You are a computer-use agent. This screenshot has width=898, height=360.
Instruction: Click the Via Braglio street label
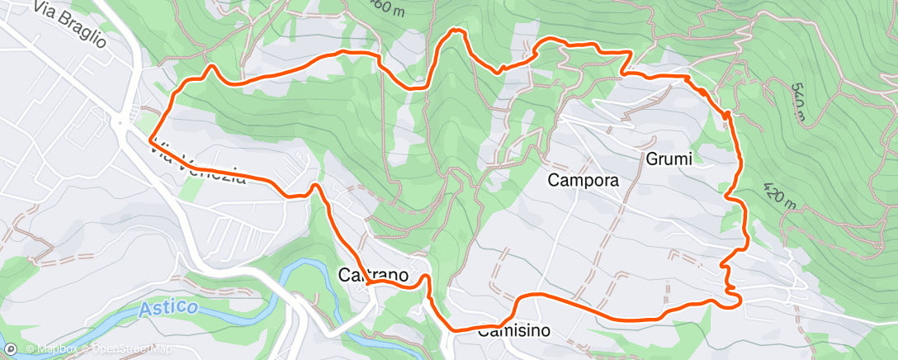click(71, 24)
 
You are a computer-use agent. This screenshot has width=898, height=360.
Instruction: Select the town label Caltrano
click(372, 276)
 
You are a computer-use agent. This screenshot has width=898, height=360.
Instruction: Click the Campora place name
click(584, 179)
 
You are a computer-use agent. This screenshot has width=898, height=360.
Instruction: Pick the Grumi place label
click(668, 159)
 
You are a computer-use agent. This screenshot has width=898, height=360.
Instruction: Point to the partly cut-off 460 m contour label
click(386, 7)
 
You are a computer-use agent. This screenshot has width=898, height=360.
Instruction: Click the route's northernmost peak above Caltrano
click(455, 31)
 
